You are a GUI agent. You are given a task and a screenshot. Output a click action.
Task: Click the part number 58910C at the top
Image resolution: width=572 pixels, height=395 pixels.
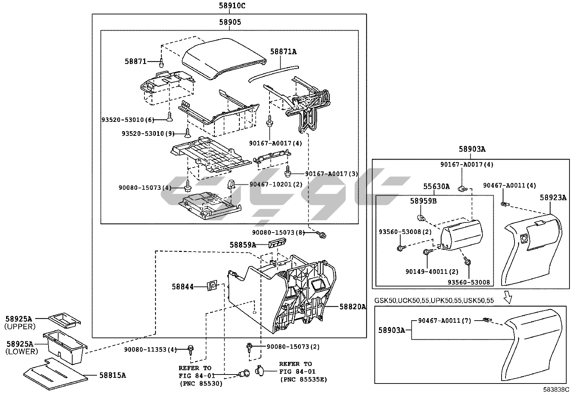232,5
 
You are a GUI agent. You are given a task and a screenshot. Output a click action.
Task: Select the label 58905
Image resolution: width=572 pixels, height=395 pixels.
230,22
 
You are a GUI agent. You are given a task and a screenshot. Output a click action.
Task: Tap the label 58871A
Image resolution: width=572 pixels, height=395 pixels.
283,52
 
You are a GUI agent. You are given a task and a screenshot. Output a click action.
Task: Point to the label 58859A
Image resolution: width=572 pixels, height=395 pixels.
243,245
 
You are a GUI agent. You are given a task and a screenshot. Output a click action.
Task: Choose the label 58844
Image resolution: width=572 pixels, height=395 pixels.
183,286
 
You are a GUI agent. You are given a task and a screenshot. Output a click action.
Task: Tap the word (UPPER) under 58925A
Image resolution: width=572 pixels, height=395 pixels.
20,327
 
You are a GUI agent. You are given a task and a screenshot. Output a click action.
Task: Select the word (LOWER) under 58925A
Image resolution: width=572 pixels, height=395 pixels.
21,352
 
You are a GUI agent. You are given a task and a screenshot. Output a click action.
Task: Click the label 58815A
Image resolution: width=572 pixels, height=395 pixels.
113,376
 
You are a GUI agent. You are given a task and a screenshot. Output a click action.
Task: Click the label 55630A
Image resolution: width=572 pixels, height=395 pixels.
436,186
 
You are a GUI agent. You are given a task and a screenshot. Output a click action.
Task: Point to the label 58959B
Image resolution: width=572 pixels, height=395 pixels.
423,201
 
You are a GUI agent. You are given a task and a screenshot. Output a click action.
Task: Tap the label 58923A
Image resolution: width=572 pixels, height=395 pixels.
553,197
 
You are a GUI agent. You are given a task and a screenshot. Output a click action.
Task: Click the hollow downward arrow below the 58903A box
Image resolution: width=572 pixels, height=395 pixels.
508,297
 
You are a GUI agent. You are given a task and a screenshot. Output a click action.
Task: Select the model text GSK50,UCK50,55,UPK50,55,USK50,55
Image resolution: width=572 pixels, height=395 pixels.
434,300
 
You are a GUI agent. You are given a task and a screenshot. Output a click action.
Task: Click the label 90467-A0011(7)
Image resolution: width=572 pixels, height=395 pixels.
444,320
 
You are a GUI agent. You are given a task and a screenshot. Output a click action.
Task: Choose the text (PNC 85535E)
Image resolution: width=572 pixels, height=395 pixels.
303,380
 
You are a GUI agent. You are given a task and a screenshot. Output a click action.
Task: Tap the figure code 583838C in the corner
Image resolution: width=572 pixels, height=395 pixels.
556,389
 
